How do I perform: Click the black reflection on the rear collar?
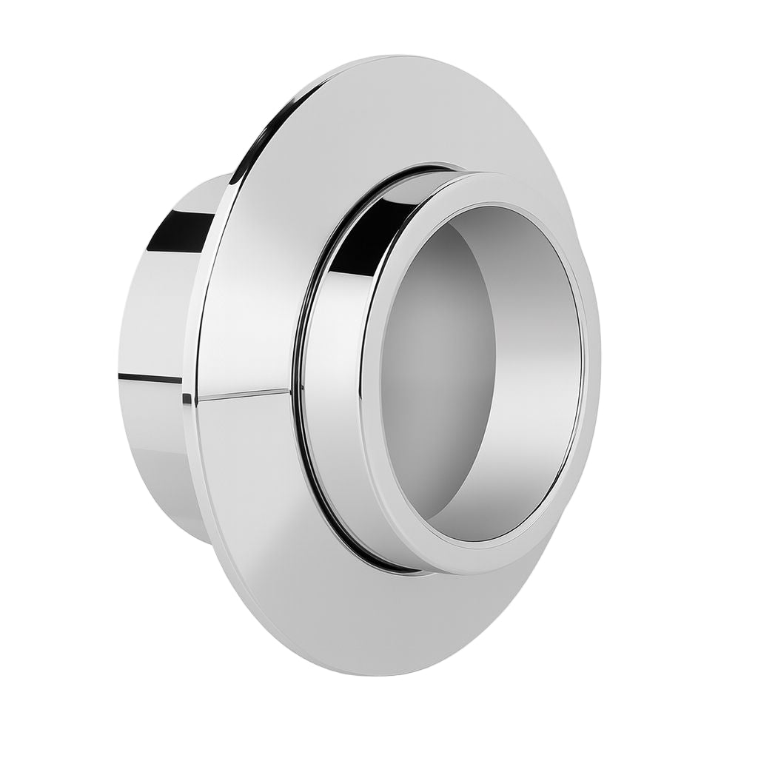[181, 229]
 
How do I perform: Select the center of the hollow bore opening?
[481, 370]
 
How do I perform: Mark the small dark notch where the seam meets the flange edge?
[187, 399]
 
